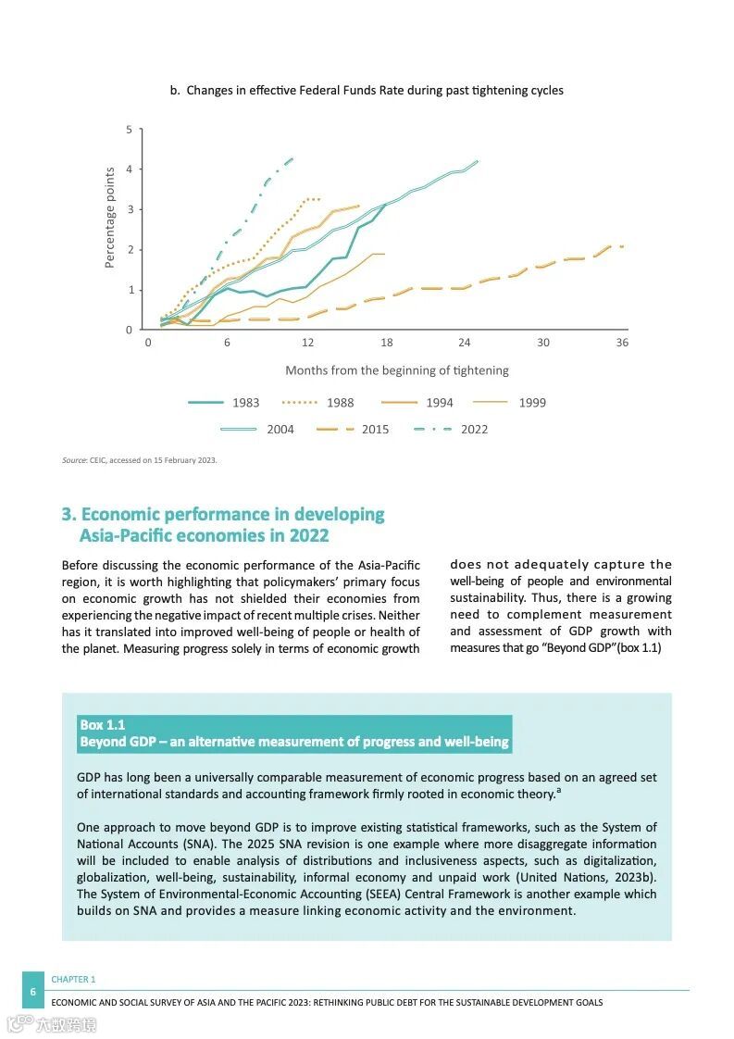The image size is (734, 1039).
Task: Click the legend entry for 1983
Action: click(224, 403)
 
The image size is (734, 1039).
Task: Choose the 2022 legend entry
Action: click(451, 430)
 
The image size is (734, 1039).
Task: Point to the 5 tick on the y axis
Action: click(129, 130)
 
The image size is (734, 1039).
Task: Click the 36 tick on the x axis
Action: click(622, 343)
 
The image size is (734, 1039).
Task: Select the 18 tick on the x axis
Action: click(386, 343)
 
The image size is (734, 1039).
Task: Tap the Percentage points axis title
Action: click(110, 218)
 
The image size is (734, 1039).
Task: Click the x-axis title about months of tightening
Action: click(397, 370)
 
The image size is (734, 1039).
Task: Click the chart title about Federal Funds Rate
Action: click(367, 91)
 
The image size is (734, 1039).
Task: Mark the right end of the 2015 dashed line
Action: click(622, 246)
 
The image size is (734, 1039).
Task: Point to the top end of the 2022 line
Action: click(292, 158)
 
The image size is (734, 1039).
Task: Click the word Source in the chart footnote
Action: click(73, 460)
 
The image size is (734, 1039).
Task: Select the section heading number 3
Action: click(68, 515)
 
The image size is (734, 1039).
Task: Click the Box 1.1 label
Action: click(102, 725)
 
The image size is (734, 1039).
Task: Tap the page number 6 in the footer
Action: click(33, 992)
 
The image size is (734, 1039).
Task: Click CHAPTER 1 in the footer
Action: click(73, 979)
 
